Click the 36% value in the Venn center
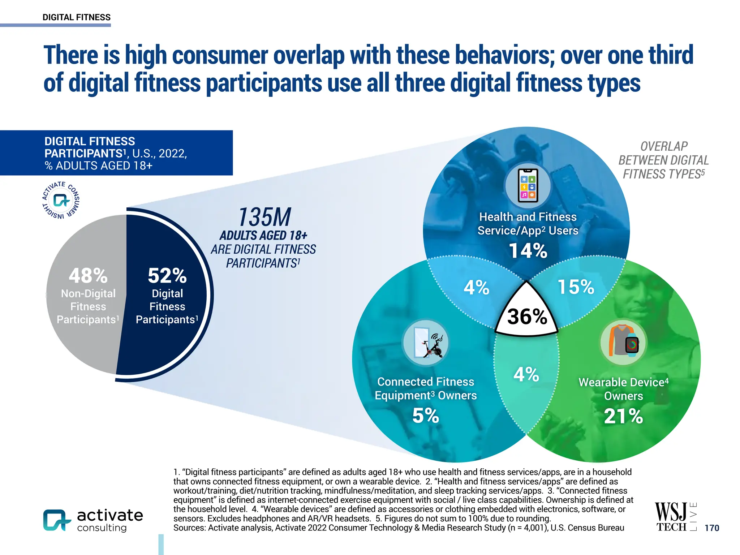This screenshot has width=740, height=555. point(527,317)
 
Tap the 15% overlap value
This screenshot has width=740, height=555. point(576,287)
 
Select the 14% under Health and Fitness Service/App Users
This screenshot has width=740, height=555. point(528,251)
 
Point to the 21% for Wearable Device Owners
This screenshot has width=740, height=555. point(623,416)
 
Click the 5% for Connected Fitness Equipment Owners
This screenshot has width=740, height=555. point(425,416)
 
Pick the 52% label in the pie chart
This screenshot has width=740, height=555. point(167,276)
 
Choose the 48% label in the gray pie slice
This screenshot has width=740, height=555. point(88,276)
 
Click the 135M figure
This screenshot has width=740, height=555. point(264,218)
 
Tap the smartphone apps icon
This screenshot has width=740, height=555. point(528,185)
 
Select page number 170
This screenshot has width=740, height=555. point(711,528)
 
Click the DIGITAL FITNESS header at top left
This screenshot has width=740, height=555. point(77,17)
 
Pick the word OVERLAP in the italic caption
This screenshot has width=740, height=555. point(664,146)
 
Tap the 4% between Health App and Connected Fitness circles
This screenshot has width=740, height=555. point(476,288)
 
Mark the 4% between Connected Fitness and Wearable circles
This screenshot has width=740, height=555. point(526,374)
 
